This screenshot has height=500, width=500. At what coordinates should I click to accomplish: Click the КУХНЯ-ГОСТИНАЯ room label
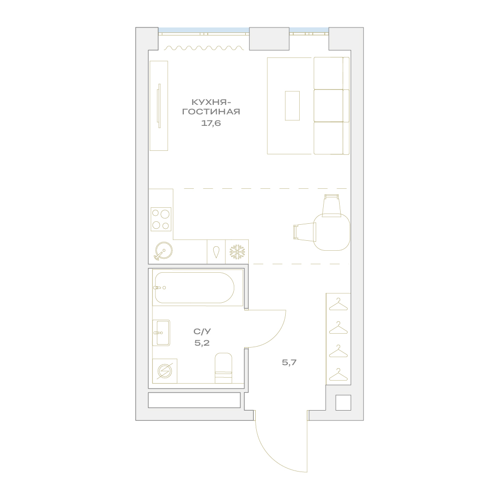[211, 107]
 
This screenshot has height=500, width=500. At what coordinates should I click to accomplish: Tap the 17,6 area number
[211, 123]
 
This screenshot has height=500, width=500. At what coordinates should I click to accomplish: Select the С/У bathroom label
[202, 332]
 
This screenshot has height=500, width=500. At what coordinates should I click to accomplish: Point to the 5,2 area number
[202, 343]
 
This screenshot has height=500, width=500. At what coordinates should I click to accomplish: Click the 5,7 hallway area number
[289, 362]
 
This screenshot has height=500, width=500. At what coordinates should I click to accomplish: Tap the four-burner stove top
[161, 219]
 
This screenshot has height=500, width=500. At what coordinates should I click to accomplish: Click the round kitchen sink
[163, 251]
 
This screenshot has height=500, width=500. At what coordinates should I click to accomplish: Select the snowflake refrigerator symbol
[237, 252]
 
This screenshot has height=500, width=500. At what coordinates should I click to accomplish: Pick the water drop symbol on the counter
[216, 252]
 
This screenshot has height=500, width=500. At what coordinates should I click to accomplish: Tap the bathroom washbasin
[161, 333]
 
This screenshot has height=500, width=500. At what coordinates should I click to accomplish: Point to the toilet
[223, 368]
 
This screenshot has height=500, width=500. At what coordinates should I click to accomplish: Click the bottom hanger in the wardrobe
[338, 374]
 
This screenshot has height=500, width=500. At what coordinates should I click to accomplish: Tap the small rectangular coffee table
[292, 105]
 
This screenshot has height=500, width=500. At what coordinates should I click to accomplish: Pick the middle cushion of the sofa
[329, 105]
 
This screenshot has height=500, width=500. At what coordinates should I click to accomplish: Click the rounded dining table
[332, 232]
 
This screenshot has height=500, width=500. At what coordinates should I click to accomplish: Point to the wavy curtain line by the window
[204, 48]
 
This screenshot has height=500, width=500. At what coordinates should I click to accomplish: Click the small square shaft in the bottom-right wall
[343, 403]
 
